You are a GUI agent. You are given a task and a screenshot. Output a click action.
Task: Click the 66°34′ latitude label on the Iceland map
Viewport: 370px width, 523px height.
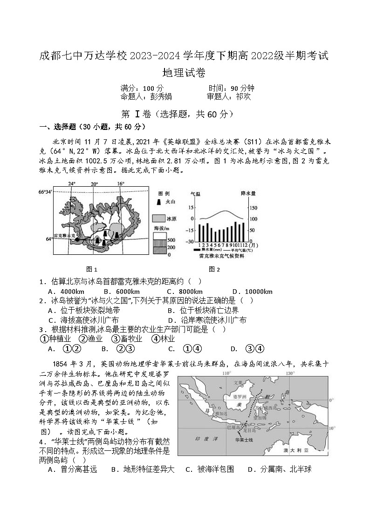click(x=45, y=192)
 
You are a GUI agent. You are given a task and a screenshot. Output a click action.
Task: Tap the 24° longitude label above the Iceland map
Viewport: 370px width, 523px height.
click(x=72, y=184)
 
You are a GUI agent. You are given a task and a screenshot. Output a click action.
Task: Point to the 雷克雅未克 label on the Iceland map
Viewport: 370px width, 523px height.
click(x=64, y=236)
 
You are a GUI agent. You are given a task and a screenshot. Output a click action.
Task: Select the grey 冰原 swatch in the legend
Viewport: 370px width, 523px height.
click(x=159, y=218)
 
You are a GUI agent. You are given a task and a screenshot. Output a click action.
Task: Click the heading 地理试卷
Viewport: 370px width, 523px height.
click(x=185, y=73)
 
